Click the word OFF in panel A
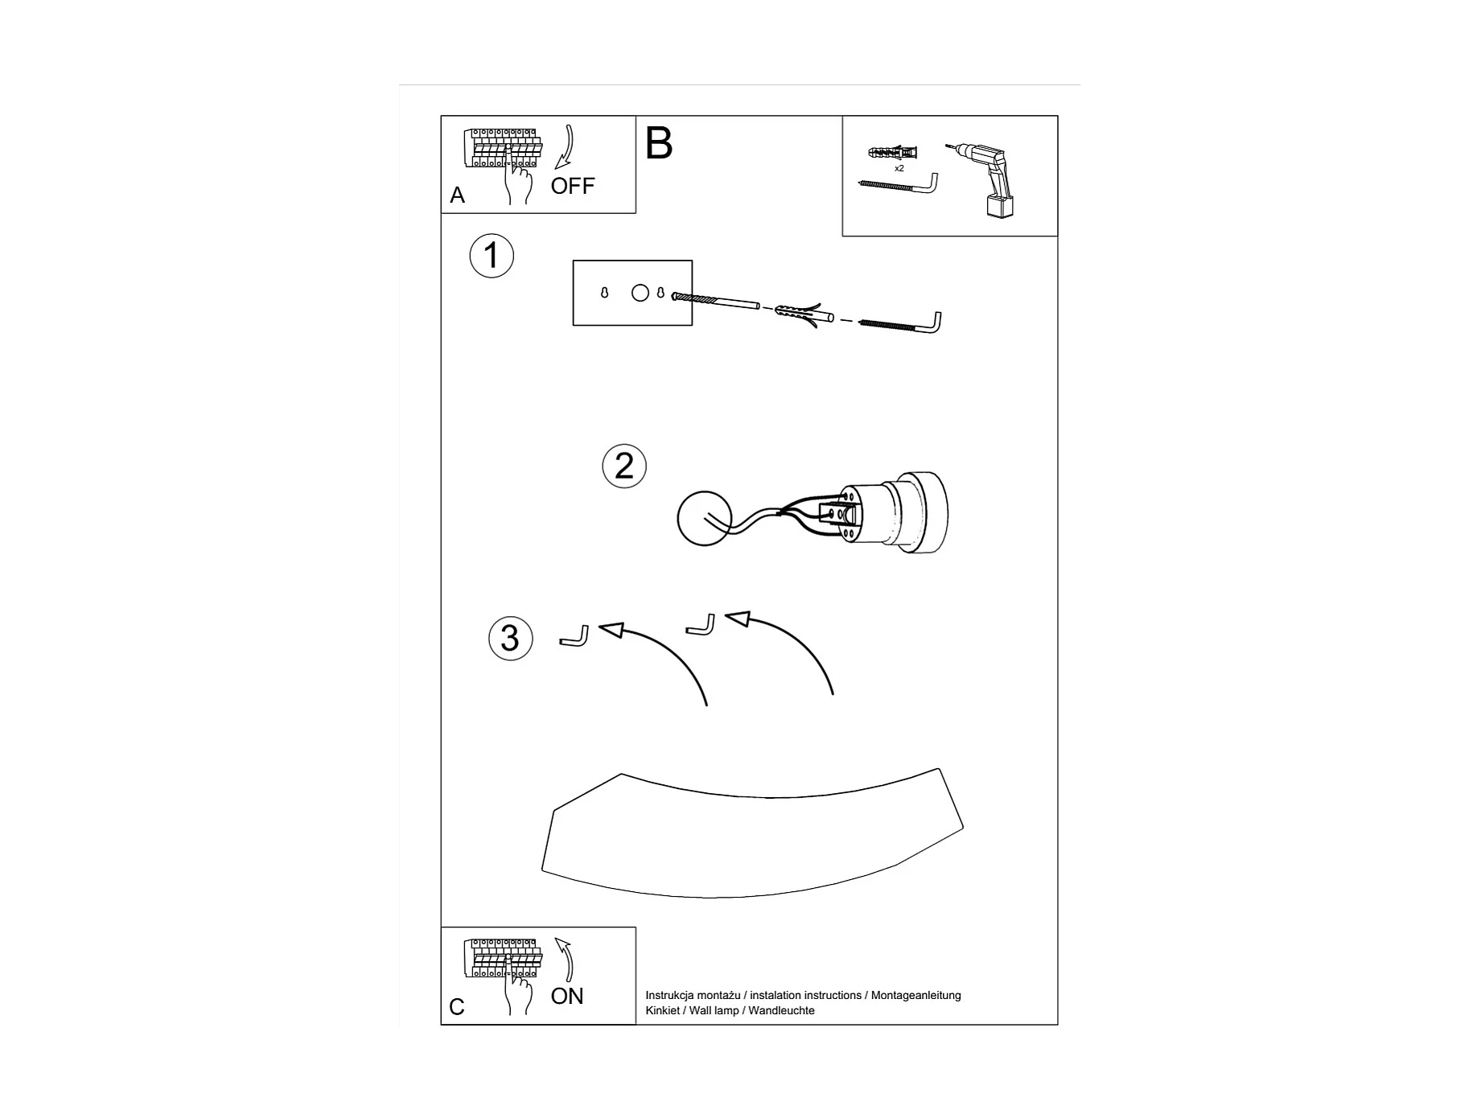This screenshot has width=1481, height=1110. point(572,186)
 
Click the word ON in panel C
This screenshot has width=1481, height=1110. point(566,996)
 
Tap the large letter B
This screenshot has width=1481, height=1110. point(658,144)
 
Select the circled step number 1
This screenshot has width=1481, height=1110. point(491,256)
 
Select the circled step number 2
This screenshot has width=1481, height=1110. point(624,466)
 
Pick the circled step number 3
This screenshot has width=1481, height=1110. point(510,638)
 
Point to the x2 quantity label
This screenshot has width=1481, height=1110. point(899,169)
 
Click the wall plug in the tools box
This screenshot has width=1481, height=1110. point(892,152)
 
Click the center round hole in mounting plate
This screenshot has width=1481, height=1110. point(640,293)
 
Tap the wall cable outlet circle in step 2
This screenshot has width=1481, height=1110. point(704,519)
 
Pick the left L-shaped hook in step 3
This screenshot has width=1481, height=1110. point(574,637)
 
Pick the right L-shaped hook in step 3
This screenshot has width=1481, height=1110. point(700,625)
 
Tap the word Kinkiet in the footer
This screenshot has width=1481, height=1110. point(662,1011)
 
